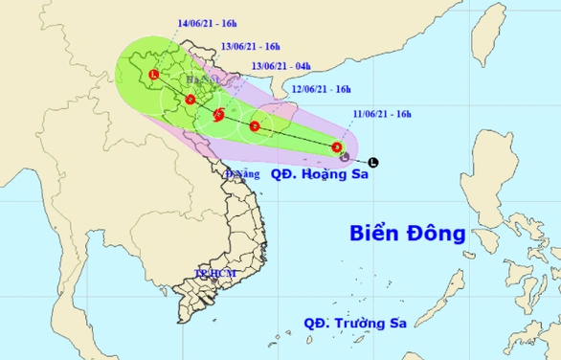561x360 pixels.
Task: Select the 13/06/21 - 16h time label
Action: click(x=251, y=45)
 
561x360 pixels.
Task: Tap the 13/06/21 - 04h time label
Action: click(x=280, y=65)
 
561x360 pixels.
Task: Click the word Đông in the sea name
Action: click(x=441, y=233)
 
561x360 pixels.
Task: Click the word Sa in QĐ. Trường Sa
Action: click(x=396, y=323)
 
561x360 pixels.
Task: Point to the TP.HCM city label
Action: click(x=214, y=275)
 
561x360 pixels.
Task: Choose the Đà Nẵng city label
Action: click(x=242, y=174)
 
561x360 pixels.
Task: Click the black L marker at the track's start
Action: click(x=372, y=162)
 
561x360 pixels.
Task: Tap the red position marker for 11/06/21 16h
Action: click(x=337, y=146)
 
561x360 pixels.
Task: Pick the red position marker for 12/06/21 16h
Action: click(x=255, y=125)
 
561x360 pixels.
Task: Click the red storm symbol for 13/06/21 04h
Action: click(x=219, y=115)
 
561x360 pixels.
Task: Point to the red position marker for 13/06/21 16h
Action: click(x=191, y=99)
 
